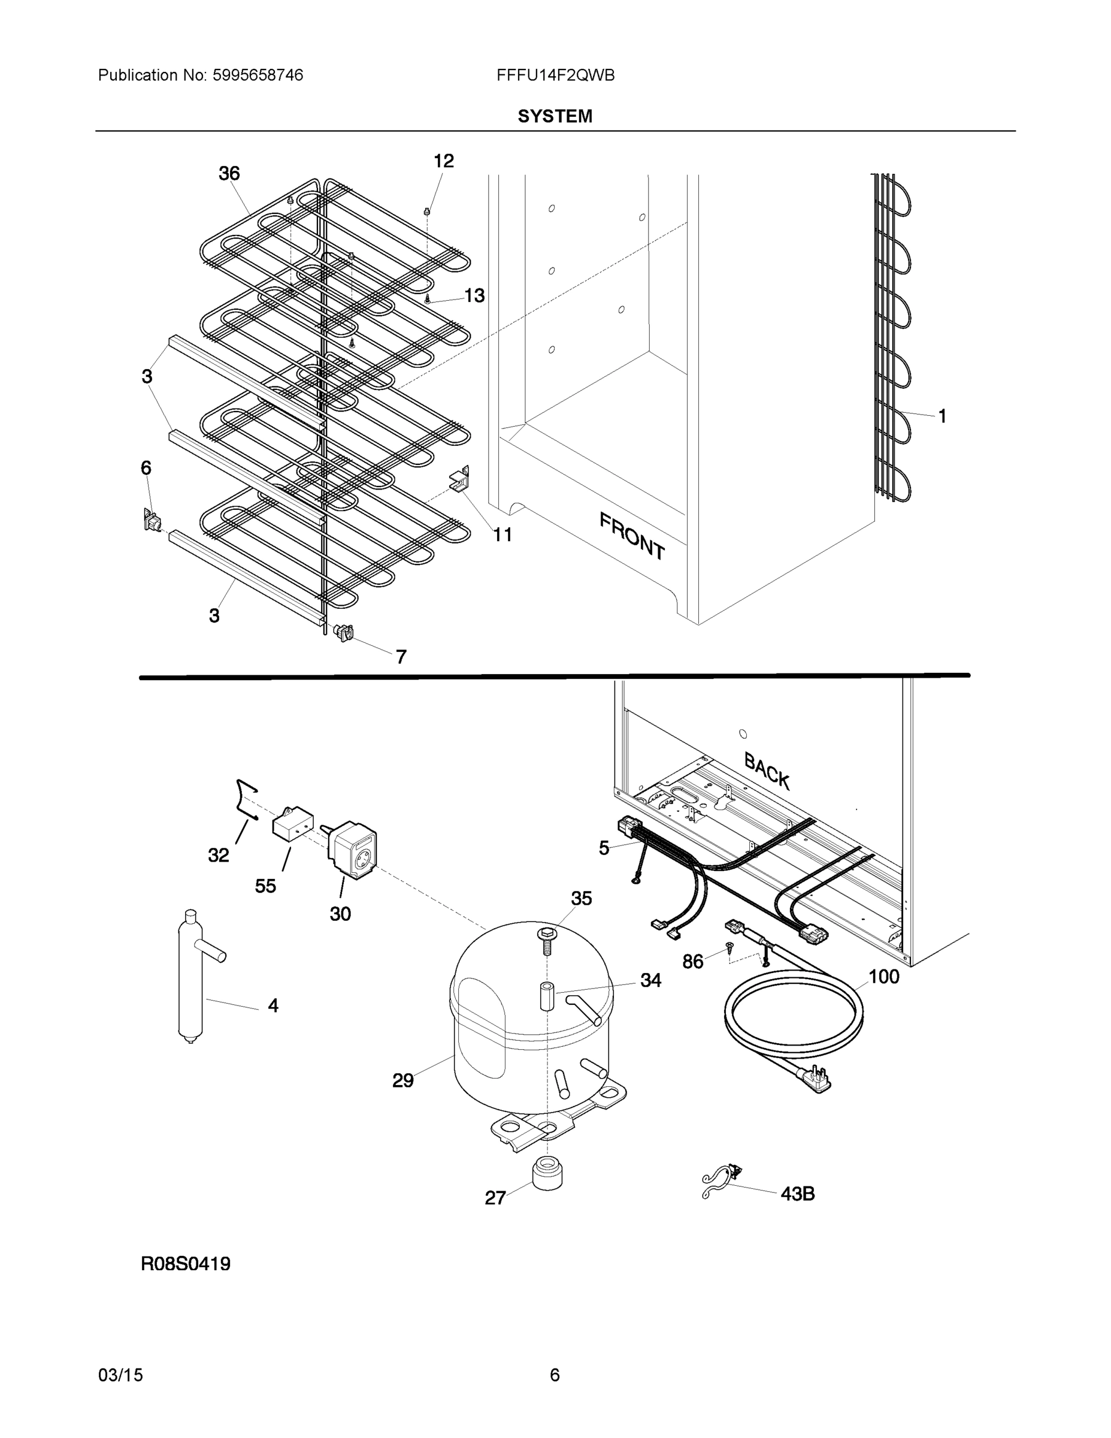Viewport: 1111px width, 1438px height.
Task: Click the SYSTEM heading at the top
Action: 554,117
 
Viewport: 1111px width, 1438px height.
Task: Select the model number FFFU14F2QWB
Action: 556,75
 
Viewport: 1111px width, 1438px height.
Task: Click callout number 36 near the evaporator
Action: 229,174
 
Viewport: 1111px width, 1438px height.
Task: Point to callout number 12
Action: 444,161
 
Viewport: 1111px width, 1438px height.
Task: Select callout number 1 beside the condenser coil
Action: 942,416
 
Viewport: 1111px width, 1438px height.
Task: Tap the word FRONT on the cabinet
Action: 632,537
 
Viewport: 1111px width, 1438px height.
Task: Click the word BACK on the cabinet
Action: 767,771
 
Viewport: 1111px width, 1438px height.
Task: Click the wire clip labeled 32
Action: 246,799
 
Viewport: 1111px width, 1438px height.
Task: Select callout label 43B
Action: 797,1194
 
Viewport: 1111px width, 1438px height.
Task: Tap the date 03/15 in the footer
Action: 120,1376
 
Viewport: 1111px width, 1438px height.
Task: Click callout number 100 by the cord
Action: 883,977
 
